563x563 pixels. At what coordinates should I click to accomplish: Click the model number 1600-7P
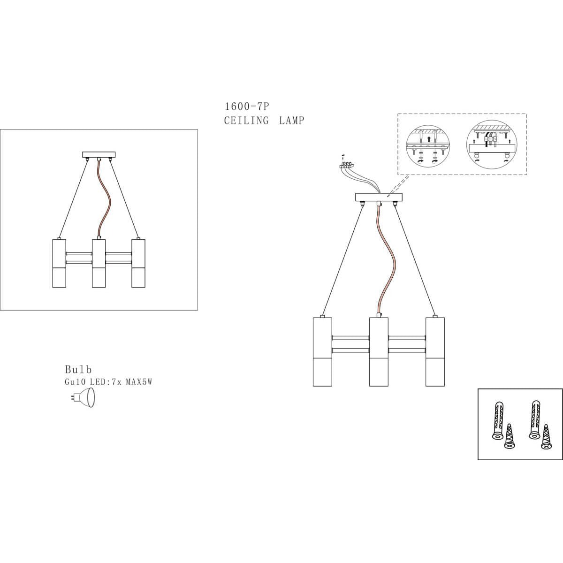pyautogui.click(x=247, y=107)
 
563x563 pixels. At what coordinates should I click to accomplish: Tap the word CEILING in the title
pyautogui.click(x=246, y=121)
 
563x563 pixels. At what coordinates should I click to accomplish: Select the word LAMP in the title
pyautogui.click(x=291, y=121)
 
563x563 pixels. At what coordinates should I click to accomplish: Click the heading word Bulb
pyautogui.click(x=78, y=370)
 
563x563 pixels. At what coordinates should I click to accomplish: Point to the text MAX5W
pyautogui.click(x=139, y=382)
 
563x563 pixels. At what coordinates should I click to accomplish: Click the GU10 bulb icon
pyautogui.click(x=83, y=398)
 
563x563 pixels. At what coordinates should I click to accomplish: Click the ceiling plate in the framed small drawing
pyautogui.click(x=99, y=154)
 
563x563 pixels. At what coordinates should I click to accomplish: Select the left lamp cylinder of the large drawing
pyautogui.click(x=322, y=352)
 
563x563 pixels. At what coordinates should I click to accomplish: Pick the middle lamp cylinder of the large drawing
pyautogui.click(x=379, y=352)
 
